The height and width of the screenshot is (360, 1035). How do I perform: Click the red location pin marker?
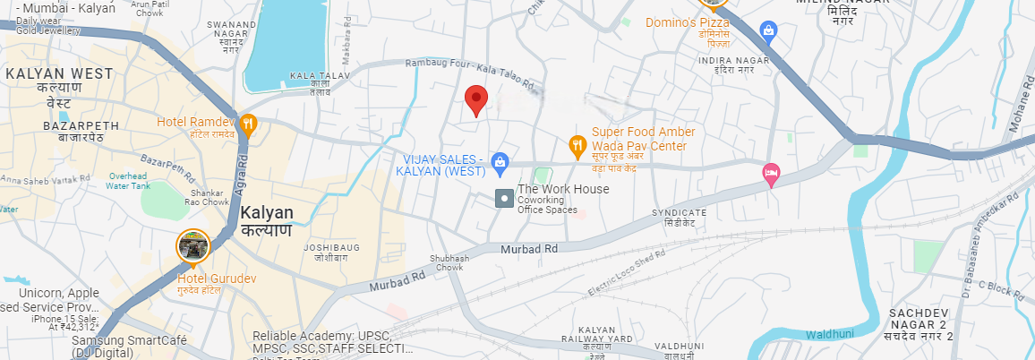point(477,100)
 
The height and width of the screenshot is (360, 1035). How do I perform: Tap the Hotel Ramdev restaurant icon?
point(248,124)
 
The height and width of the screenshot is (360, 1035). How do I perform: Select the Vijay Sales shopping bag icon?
point(500,161)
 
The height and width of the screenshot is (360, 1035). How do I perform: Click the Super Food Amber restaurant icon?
point(578,143)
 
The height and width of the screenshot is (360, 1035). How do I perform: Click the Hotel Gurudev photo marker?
point(192,246)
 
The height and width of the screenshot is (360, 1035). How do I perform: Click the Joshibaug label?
point(331,251)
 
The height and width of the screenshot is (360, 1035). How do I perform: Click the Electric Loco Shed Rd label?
point(627,272)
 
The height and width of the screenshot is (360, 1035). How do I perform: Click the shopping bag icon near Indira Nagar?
point(768,31)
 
